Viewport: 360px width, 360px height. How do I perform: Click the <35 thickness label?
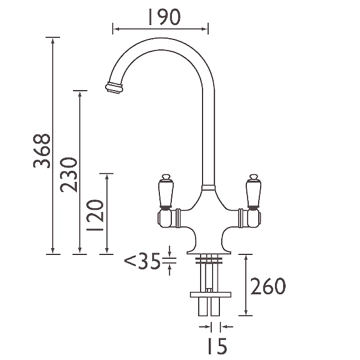143,263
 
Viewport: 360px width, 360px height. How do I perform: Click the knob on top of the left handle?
165,177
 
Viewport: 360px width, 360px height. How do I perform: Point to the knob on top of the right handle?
252,177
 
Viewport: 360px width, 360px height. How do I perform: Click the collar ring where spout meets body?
208,187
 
